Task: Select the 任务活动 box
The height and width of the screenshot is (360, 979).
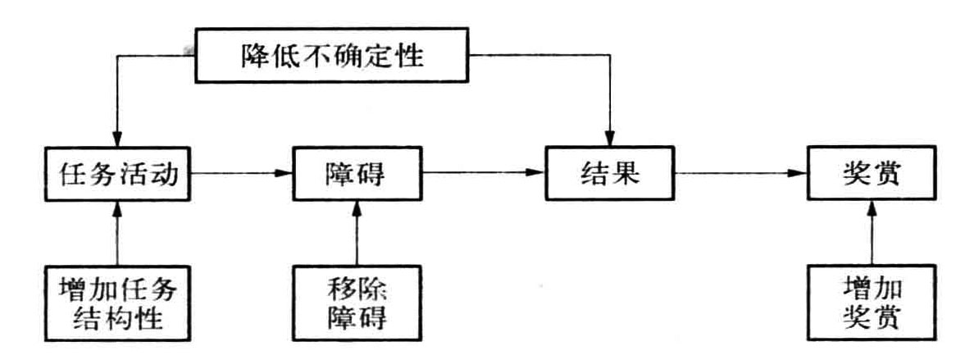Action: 118,175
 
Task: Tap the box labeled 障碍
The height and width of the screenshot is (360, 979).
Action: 356,175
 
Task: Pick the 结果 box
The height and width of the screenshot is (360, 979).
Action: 612,175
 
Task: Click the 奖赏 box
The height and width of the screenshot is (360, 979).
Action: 870,175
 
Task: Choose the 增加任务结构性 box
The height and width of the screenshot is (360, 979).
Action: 118,301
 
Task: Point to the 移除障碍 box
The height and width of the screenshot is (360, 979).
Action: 356,301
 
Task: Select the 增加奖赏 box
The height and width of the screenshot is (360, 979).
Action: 870,301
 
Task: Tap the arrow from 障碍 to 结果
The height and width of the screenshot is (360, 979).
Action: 484,173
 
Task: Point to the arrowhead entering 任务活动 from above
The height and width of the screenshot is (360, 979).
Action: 118,141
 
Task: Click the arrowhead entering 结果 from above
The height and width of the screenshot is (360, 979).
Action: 612,141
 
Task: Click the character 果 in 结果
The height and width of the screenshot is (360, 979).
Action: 627,175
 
